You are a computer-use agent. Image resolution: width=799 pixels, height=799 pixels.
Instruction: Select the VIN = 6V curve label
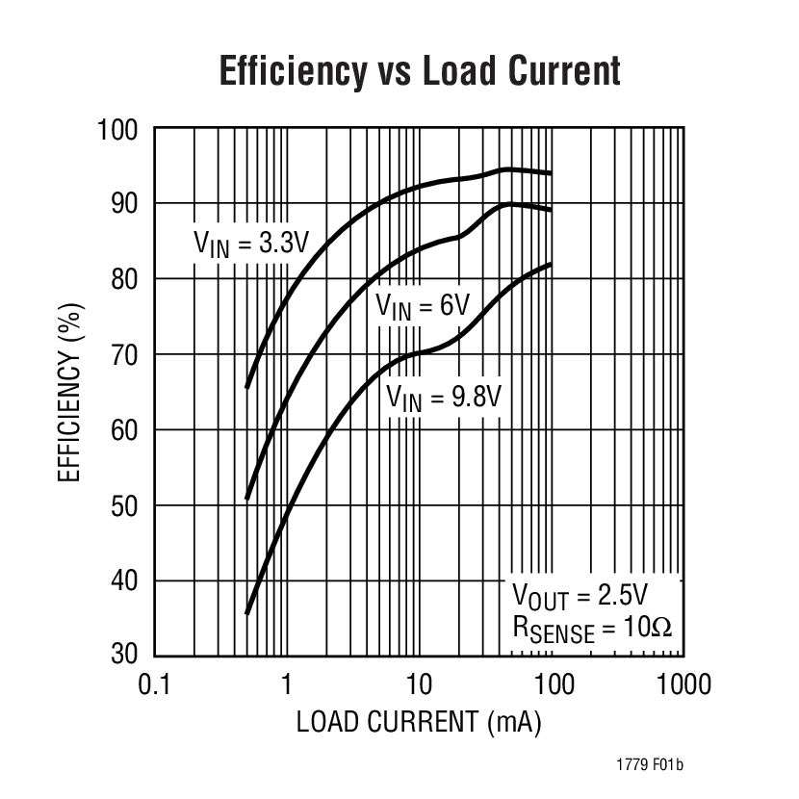click(x=422, y=307)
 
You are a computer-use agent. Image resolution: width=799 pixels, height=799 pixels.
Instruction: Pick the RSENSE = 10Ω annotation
click(x=592, y=628)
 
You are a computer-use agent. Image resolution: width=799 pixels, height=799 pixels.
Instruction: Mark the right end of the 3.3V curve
click(x=551, y=173)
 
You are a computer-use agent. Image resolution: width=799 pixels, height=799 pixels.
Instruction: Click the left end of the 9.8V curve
click(x=247, y=613)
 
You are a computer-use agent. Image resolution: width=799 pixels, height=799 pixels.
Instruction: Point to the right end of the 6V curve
click(x=551, y=210)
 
